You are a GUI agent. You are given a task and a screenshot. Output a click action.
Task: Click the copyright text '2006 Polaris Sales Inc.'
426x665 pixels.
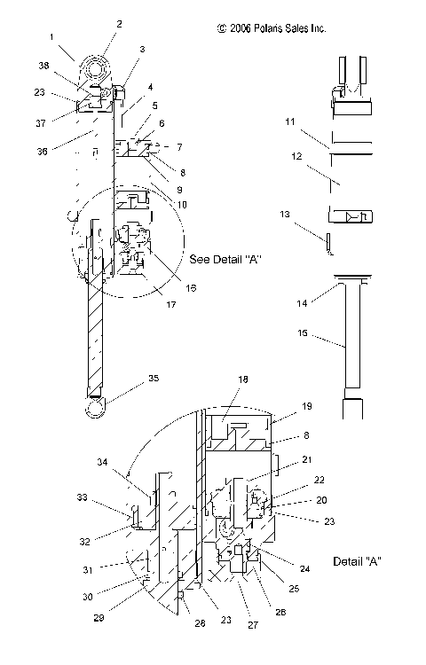271,28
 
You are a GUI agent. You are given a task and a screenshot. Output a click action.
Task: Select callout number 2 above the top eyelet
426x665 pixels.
121,24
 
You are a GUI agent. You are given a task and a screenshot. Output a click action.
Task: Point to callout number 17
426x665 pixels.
170,304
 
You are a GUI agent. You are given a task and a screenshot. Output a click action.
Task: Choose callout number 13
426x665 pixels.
310,214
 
